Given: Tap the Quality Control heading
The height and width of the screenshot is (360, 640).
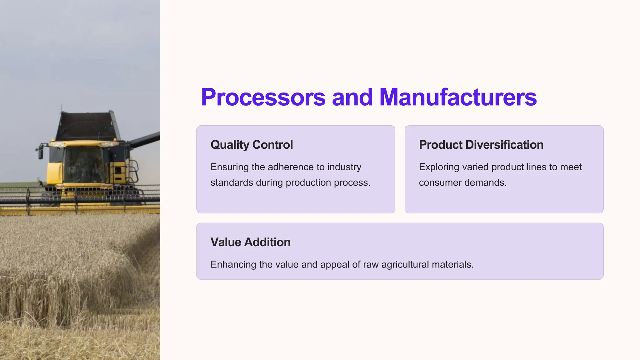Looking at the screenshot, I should pyautogui.click(x=252, y=145).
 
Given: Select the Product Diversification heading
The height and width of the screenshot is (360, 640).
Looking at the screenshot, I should pyautogui.click(x=481, y=145).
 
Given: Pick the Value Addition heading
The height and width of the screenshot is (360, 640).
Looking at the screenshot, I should pyautogui.click(x=250, y=242).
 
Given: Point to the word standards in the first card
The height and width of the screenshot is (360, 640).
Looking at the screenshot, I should pyautogui.click(x=232, y=182).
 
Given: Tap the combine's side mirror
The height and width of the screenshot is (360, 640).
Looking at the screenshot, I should pyautogui.click(x=41, y=153).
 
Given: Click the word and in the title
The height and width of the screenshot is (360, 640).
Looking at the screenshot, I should pyautogui.click(x=352, y=97).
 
